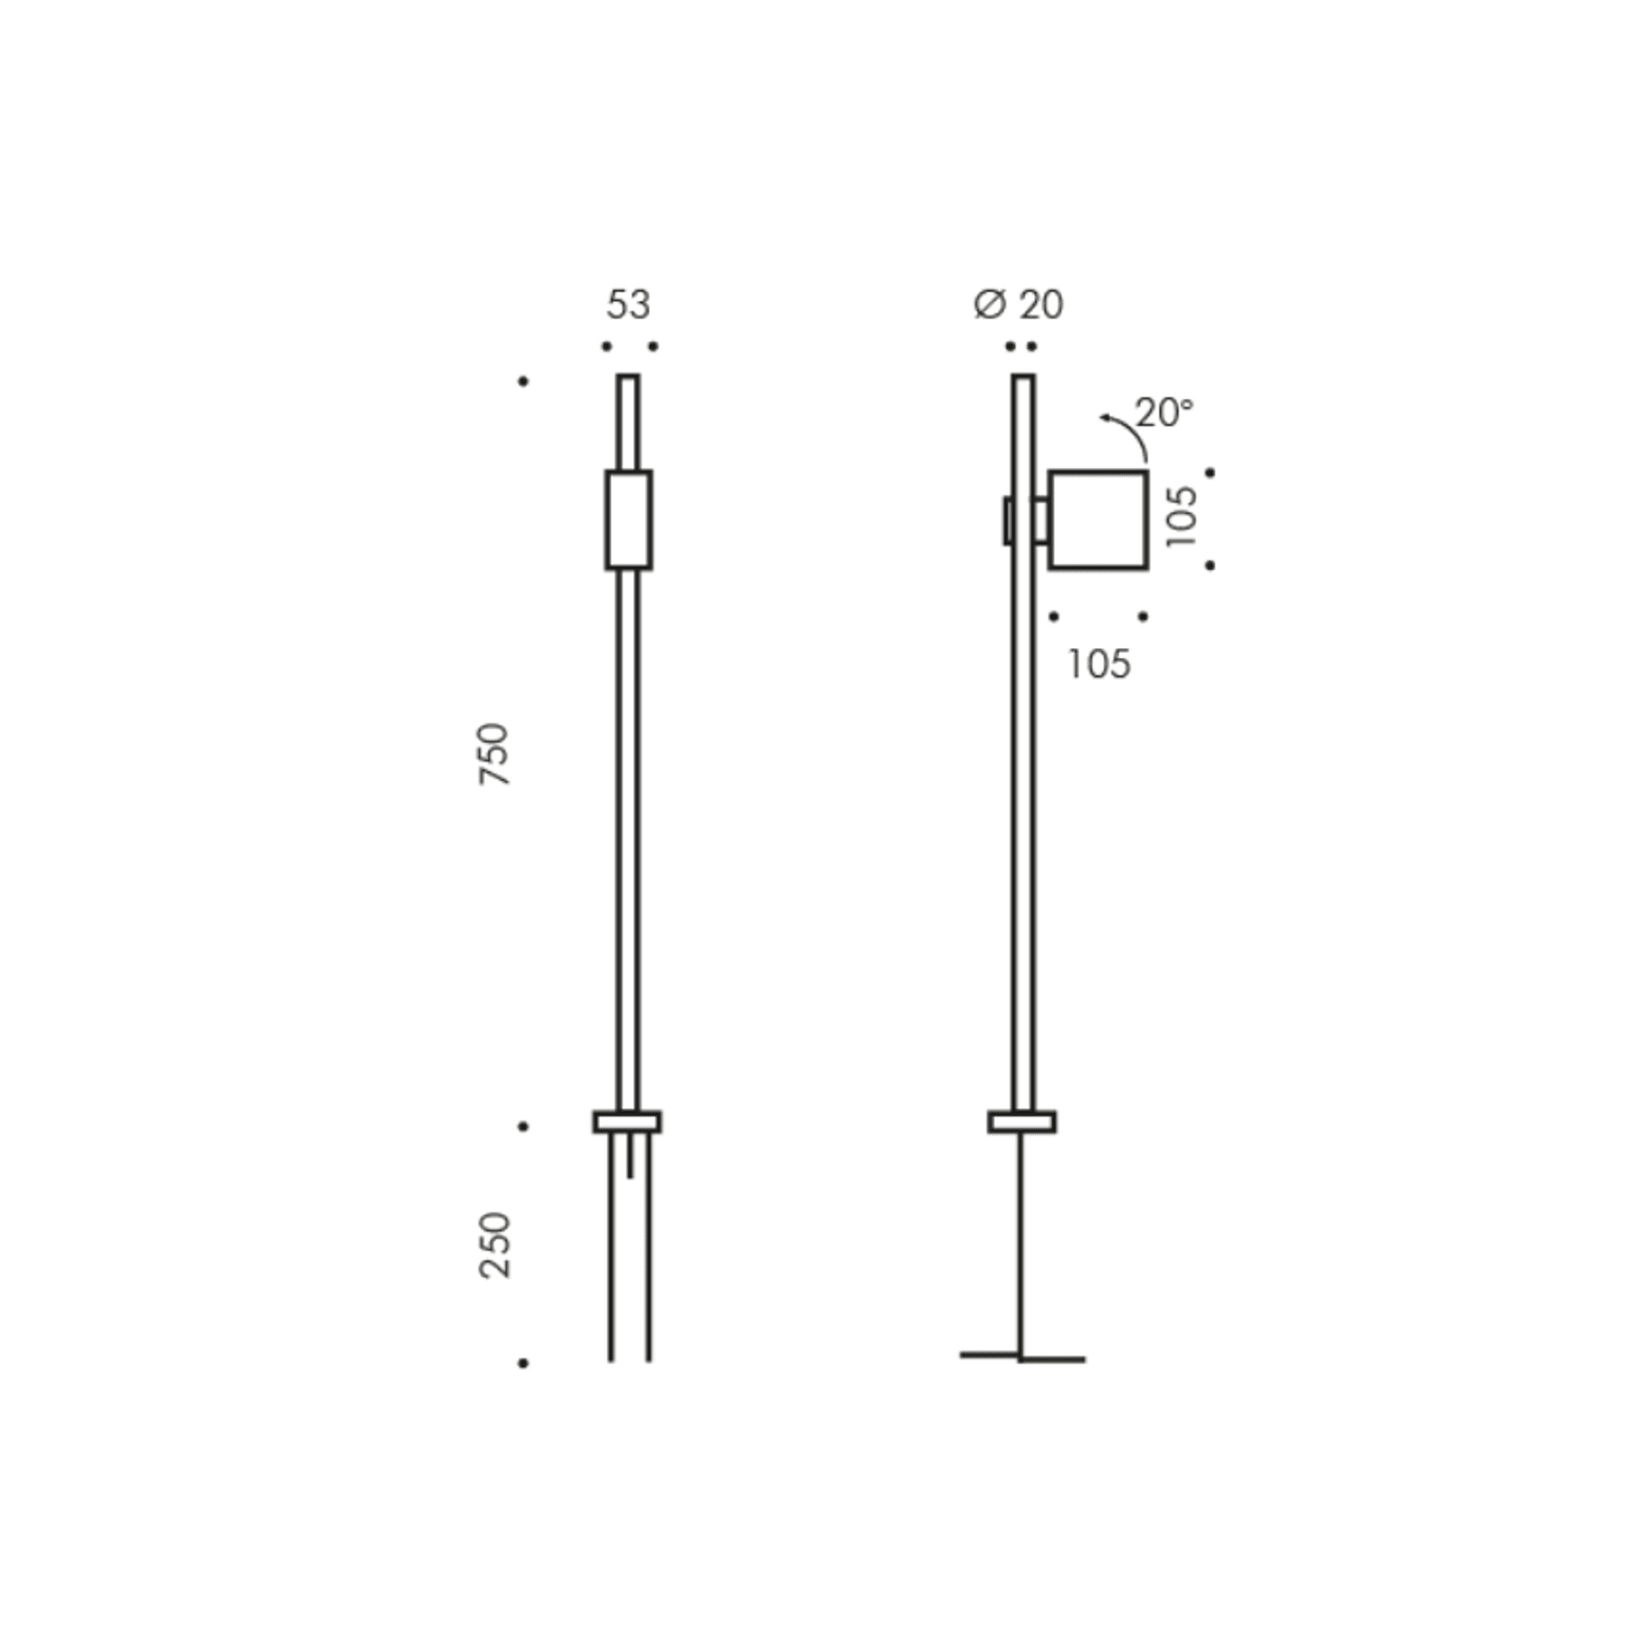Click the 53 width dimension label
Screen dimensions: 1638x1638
[x=627, y=305]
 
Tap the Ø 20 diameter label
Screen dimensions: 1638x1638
[x=1018, y=305]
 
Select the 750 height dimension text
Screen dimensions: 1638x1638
[x=495, y=754]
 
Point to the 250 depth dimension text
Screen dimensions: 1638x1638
[x=495, y=1244]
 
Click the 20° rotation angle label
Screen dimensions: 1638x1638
[x=1164, y=412]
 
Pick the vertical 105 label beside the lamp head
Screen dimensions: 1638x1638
[x=1182, y=516]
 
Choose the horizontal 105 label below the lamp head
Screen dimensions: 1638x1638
[x=1099, y=665]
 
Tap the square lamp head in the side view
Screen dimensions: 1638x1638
[x=1098, y=520]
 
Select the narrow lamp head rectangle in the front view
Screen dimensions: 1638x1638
[x=628, y=520]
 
